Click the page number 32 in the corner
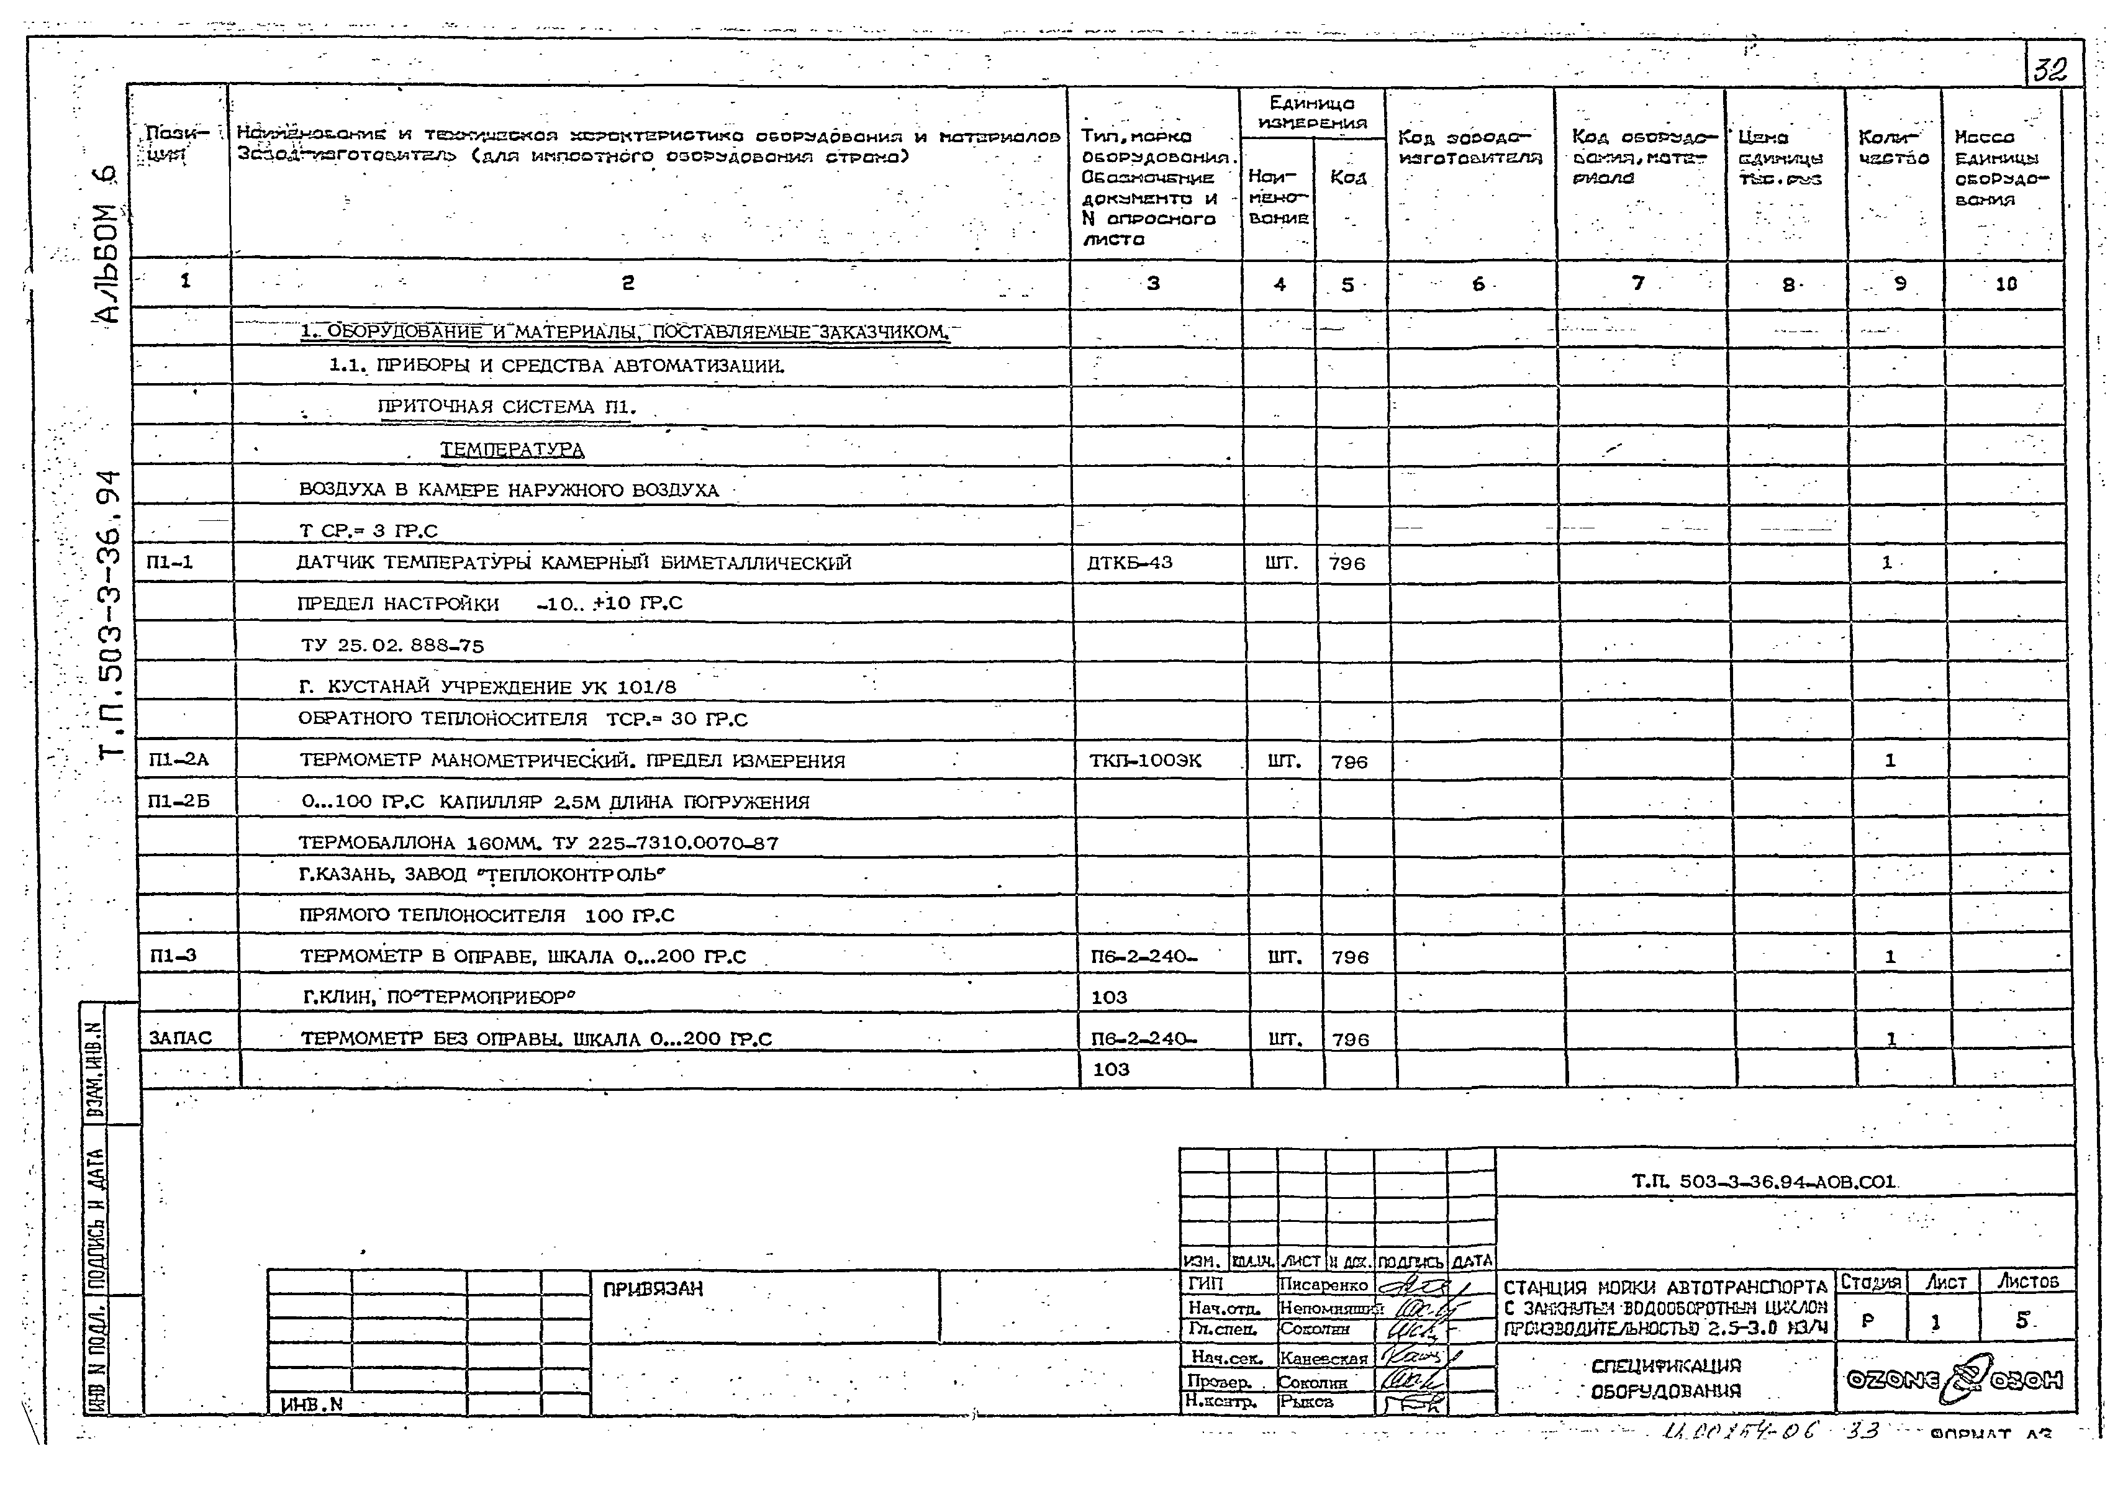click(2050, 70)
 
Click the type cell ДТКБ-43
click(1129, 563)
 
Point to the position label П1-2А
click(179, 761)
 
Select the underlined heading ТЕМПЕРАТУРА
click(512, 450)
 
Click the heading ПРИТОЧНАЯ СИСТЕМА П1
click(507, 407)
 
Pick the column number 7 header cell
click(1637, 284)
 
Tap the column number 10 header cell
click(2004, 284)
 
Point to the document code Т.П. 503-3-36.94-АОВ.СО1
click(1764, 1182)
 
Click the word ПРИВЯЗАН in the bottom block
click(653, 1289)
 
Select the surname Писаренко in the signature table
click(1323, 1285)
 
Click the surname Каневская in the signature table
click(1323, 1359)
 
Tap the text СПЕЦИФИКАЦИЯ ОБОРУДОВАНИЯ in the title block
click(1665, 1378)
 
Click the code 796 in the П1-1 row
click(1347, 563)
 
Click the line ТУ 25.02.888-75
click(392, 645)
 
